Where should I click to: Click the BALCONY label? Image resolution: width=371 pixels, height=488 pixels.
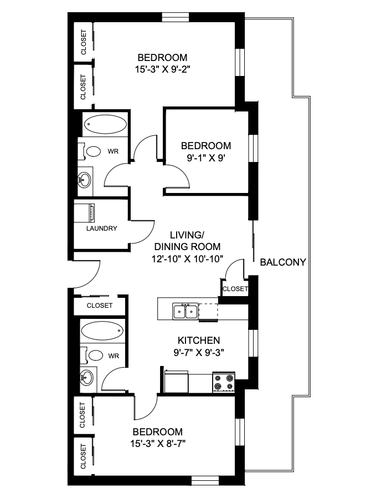(x=282, y=262)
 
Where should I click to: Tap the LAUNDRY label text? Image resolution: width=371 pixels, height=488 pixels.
(x=101, y=228)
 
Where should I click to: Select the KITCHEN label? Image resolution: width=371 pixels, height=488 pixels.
(x=199, y=340)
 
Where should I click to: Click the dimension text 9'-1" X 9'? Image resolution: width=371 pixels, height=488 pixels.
(x=205, y=157)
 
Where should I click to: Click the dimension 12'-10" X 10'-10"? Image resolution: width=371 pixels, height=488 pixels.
(x=187, y=258)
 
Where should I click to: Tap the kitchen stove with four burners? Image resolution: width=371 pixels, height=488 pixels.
(x=223, y=383)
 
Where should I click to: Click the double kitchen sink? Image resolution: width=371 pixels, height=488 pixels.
(x=185, y=312)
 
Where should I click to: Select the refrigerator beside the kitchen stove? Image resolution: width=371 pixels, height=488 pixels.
(x=176, y=383)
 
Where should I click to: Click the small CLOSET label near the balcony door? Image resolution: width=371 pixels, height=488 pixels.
(x=235, y=289)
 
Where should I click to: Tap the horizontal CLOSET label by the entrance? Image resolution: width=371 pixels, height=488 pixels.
(x=100, y=306)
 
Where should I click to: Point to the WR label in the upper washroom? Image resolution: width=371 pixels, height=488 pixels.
(x=112, y=151)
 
